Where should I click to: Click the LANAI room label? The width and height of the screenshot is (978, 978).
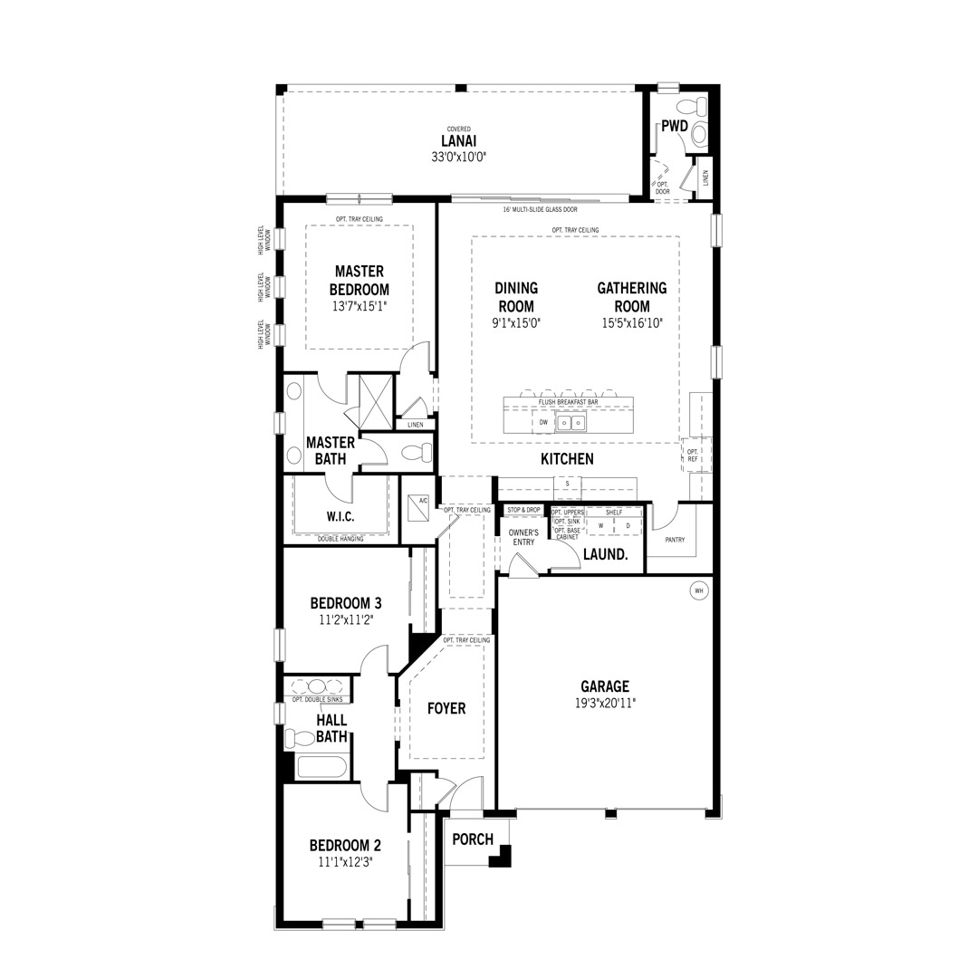tap(458, 141)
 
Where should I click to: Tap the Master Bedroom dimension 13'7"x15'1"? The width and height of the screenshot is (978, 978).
tap(360, 306)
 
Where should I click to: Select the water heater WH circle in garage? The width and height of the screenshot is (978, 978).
tap(698, 590)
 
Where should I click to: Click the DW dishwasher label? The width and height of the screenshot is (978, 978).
tap(543, 422)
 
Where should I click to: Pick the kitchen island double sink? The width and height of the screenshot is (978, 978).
tap(570, 424)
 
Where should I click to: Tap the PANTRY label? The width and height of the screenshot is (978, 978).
tap(675, 540)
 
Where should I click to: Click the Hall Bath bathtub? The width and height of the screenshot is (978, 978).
tap(321, 767)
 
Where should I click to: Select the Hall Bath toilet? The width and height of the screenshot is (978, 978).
tap(300, 738)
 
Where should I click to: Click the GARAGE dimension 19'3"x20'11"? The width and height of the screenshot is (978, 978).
tap(604, 703)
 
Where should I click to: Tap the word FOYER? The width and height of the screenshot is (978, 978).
tap(446, 708)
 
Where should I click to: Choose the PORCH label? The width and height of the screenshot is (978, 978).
tap(473, 839)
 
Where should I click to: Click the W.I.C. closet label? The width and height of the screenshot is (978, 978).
tap(340, 516)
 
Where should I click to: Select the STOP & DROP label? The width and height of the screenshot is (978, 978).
tap(524, 510)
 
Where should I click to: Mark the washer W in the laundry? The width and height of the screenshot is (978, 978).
tap(600, 526)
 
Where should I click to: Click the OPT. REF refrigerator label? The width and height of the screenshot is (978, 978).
tap(693, 455)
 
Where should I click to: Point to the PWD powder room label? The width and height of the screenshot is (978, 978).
tap(675, 126)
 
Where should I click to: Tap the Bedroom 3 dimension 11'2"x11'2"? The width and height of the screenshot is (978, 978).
tap(346, 619)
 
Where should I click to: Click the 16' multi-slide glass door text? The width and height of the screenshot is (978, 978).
tap(540, 209)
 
